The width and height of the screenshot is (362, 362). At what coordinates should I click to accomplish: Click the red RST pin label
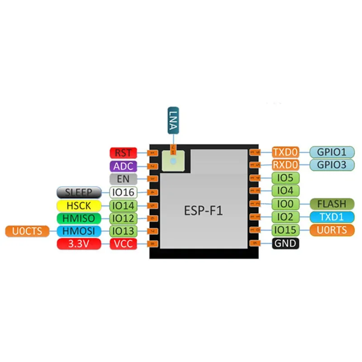tap(123, 153)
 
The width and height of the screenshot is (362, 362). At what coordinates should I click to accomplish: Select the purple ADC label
tap(123, 166)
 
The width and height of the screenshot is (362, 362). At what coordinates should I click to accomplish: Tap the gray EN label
tap(123, 179)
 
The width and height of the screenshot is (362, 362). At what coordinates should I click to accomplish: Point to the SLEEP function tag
tap(79, 192)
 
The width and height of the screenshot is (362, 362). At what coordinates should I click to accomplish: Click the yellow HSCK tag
tap(79, 205)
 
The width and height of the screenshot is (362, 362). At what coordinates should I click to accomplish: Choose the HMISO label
tap(79, 219)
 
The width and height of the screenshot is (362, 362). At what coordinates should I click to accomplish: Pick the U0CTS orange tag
tap(27, 231)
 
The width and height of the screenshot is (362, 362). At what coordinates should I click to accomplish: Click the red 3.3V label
tap(79, 244)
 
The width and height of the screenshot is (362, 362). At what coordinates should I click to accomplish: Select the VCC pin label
tap(123, 244)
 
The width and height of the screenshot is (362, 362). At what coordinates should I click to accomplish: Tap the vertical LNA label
tap(173, 120)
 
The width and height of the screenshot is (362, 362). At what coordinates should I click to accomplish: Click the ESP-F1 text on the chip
tap(203, 210)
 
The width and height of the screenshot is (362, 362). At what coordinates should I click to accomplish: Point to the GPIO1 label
tap(332, 152)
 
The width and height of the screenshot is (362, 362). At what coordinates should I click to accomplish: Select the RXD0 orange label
tap(286, 165)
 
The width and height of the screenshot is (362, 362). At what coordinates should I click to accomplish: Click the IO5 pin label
tap(286, 178)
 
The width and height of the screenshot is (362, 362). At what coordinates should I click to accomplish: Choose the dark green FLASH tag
tap(332, 204)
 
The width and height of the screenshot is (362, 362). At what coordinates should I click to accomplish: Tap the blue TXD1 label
tap(332, 217)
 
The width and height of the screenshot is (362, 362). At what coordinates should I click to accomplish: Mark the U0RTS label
tap(332, 230)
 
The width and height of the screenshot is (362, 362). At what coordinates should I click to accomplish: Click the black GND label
tap(286, 243)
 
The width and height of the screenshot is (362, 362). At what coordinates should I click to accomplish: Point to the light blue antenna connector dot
tap(173, 161)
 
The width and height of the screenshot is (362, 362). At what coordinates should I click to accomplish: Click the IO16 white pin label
tap(123, 192)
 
